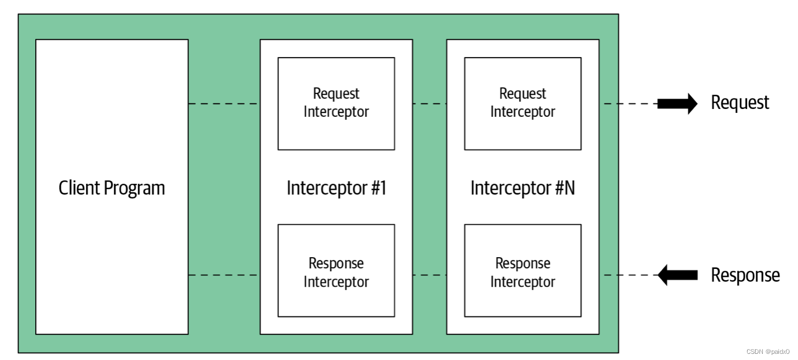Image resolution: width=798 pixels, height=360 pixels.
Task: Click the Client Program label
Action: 112,188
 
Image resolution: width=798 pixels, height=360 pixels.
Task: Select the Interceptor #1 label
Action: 336,188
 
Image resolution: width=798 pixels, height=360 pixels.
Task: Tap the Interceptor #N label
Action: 522,188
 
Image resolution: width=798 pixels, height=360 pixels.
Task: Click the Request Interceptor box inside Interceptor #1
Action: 336,103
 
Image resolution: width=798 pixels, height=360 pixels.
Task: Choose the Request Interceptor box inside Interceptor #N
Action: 522,103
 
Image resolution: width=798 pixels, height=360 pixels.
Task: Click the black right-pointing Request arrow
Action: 677,103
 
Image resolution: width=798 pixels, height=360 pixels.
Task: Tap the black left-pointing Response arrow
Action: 677,275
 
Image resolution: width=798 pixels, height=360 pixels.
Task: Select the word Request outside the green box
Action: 740,103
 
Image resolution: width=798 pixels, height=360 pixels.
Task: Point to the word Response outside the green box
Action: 745,276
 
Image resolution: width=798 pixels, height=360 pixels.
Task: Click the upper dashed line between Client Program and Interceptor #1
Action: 224,104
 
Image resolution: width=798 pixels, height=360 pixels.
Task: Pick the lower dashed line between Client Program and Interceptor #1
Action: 224,275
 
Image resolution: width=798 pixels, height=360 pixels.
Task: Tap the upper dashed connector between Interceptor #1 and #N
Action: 430,104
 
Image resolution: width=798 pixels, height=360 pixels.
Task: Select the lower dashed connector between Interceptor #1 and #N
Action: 430,275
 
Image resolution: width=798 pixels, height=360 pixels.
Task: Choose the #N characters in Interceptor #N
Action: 566,188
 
